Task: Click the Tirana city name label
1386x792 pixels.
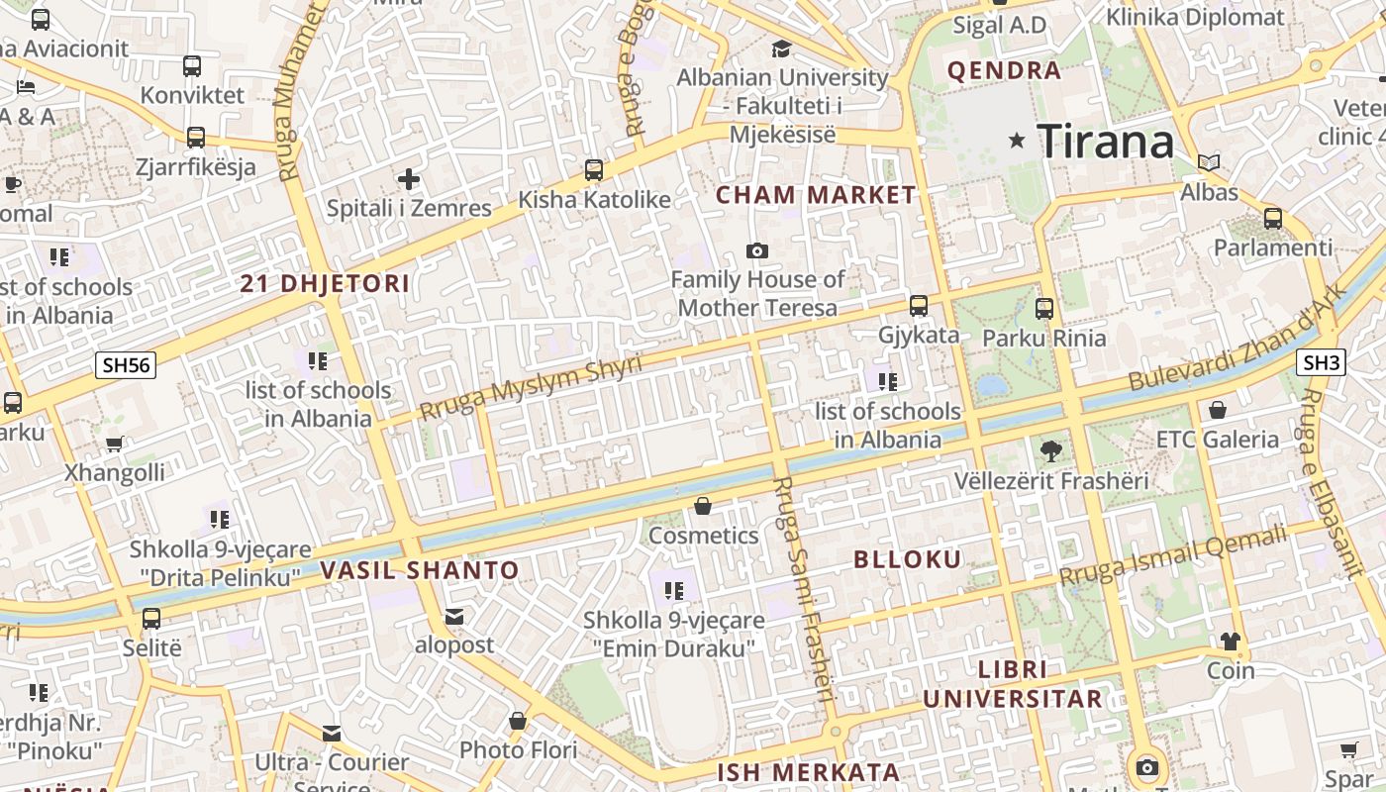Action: coord(1105,142)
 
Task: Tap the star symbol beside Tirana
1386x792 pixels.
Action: coord(1017,141)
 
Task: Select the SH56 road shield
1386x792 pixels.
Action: coord(127,365)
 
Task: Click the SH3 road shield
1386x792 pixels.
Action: coord(1322,363)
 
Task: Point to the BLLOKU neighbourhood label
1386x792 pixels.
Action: coord(908,559)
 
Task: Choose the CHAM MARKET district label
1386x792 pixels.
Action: coord(817,195)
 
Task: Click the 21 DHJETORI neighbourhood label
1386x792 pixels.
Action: coord(325,284)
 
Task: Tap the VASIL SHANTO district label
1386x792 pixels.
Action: coord(420,570)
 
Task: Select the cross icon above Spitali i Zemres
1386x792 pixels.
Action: coord(409,179)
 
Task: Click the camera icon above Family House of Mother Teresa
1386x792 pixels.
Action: coord(757,251)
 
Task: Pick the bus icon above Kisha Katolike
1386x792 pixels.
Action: coord(594,170)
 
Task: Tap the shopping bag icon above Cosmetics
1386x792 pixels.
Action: coord(703,507)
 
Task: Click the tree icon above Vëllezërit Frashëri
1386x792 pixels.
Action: coord(1051,451)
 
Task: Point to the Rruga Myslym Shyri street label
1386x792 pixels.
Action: coord(531,387)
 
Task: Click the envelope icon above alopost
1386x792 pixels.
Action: coord(454,617)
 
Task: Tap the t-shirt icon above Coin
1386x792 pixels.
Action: coord(1231,642)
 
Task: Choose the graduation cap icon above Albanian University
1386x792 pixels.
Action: coord(782,49)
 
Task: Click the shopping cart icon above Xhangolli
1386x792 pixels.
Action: coord(115,444)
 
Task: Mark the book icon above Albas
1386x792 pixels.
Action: coord(1209,162)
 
